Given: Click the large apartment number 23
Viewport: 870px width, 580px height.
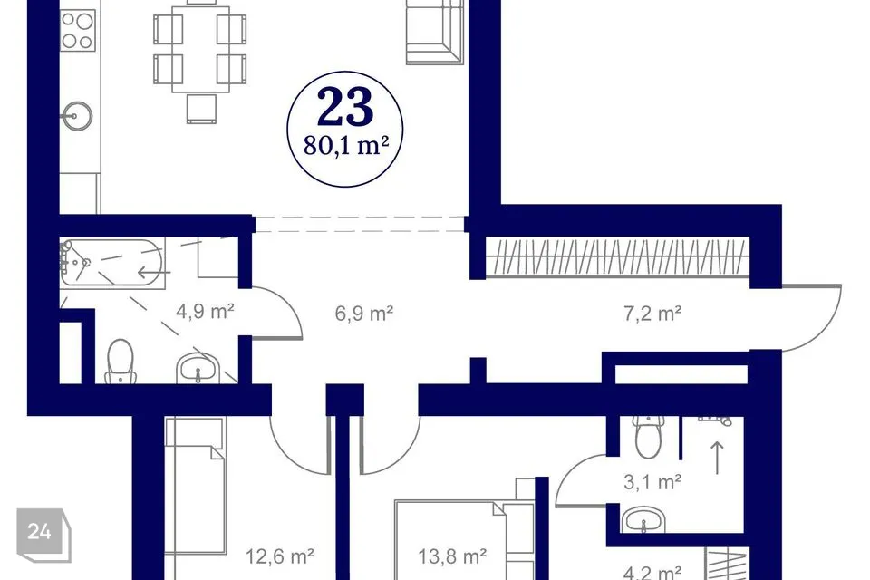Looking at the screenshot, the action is [x=345, y=107].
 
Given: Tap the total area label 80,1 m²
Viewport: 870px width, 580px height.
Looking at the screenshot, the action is [x=345, y=145].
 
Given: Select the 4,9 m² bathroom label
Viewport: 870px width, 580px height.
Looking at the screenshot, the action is [x=205, y=312].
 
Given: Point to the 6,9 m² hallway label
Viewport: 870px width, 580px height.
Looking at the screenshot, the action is [x=364, y=314].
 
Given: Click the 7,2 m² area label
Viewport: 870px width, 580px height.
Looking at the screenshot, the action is [x=652, y=314].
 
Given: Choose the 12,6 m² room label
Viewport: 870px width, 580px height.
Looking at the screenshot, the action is [x=280, y=556].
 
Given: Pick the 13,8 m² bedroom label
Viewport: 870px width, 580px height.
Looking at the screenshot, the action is [x=452, y=556].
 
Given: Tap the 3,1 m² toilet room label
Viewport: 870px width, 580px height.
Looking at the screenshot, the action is [x=652, y=482].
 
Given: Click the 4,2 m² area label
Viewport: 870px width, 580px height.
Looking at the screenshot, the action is [x=652, y=572].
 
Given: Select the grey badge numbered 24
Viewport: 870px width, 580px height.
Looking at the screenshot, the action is [x=43, y=534].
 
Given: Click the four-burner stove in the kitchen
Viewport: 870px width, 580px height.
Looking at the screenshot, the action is [x=78, y=31].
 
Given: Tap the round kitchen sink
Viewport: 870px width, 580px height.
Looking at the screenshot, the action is [x=77, y=116].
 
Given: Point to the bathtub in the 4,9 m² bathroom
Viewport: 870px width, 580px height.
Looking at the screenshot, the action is [x=112, y=263].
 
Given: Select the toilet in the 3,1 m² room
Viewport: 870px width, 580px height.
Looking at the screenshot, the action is [x=649, y=436].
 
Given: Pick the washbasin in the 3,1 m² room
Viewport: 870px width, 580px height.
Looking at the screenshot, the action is [x=643, y=520].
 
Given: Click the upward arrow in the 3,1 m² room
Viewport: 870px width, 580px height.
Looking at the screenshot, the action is [x=718, y=458].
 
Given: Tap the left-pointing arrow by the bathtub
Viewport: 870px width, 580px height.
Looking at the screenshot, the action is [x=154, y=273].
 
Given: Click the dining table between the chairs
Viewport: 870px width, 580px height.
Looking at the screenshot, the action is [x=201, y=49].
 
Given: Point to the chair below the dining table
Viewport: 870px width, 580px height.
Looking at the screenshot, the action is [x=201, y=108].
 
